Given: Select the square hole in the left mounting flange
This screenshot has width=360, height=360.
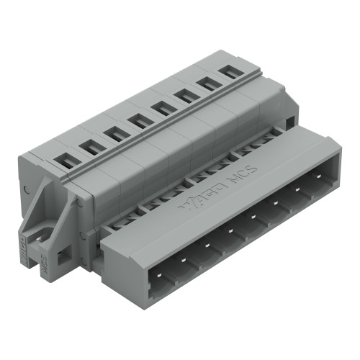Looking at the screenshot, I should pyautogui.click(x=62, y=254).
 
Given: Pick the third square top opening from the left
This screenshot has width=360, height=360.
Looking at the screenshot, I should pyautogui.click(x=114, y=133).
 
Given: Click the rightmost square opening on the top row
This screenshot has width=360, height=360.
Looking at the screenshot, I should pyautogui.click(x=229, y=71).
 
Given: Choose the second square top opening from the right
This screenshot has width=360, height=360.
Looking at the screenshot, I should pyautogui.click(x=207, y=83).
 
